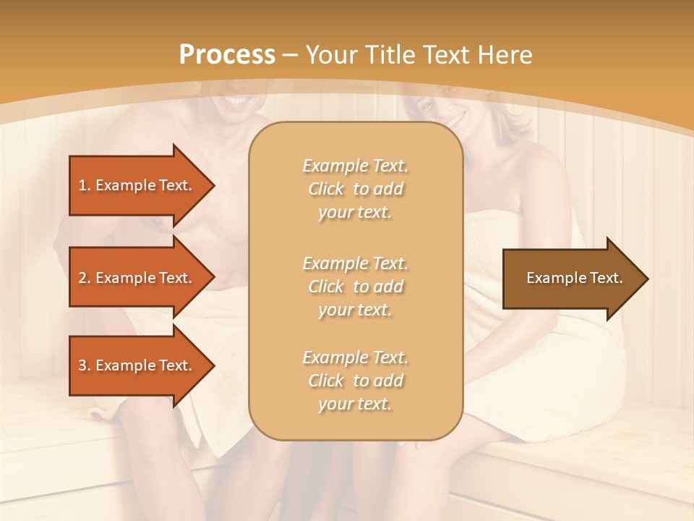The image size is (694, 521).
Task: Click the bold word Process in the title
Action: (226, 54)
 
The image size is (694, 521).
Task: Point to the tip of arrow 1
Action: (213, 185)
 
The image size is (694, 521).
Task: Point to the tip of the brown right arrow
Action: (647, 279)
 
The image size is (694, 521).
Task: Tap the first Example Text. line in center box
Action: (355, 166)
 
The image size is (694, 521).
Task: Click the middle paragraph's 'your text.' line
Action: (355, 310)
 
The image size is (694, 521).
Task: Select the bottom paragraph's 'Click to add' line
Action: (355, 381)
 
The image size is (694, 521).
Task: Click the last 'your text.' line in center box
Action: (355, 404)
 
